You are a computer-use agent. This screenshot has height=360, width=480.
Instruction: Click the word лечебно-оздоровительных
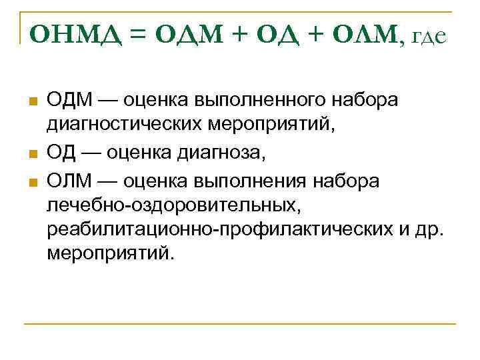(173, 207)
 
